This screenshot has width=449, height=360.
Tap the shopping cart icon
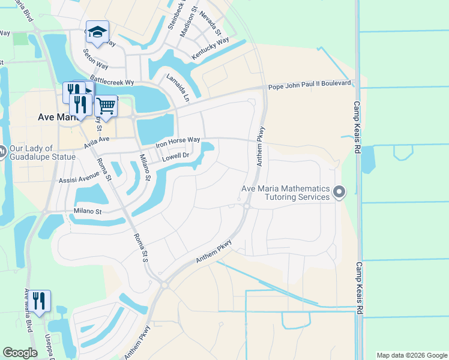[106, 106]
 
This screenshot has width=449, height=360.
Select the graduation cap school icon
[97, 32]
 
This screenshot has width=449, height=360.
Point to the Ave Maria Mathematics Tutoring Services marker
[339, 193]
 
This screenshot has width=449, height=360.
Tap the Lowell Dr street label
[176, 157]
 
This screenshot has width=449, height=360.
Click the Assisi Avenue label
[78, 179]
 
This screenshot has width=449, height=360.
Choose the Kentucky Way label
[210, 49]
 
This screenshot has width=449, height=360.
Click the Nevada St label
[211, 23]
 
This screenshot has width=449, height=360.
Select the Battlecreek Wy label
[111, 81]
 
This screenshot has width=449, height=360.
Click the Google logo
[20, 353]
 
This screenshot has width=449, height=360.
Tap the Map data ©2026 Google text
[411, 355]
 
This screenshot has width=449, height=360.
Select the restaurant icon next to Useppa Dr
[40, 301]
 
